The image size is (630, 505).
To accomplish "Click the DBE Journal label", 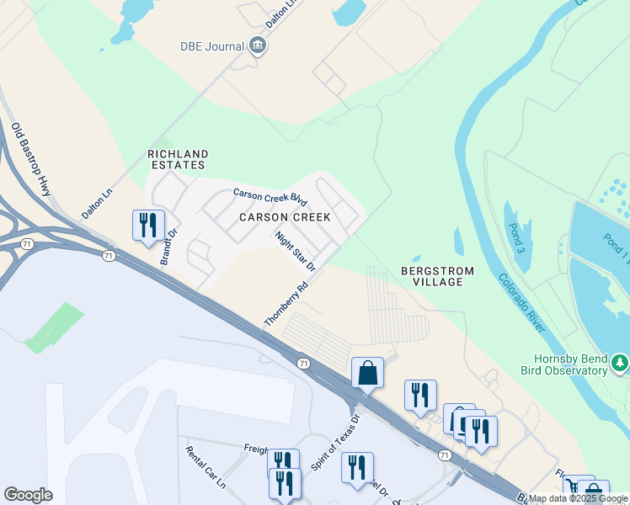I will [211, 46].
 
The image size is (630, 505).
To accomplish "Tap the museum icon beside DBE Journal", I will [258, 46].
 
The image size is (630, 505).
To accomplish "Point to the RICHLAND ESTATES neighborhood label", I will [178, 160].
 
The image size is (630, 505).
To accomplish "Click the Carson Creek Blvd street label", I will [270, 197].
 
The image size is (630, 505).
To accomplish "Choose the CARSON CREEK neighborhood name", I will [285, 217].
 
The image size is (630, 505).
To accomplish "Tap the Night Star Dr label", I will [295, 251].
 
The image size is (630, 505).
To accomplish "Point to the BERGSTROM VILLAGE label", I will [438, 276].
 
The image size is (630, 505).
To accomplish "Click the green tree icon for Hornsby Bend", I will [620, 363].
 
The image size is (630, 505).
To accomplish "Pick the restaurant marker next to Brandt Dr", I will [148, 225].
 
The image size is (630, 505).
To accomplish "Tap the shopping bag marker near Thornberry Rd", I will [367, 373].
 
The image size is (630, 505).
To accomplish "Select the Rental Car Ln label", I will [206, 467].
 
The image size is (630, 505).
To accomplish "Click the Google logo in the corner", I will [28, 495].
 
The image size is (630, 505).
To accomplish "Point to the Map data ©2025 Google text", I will [578, 498].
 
